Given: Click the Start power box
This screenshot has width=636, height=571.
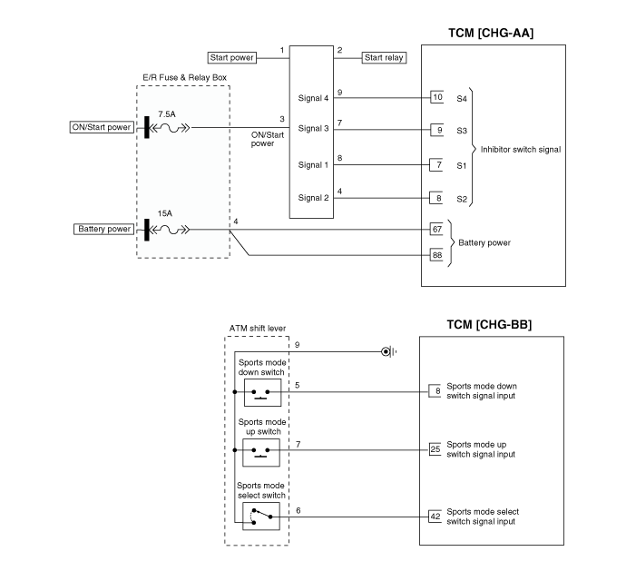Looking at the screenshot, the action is point(231,57).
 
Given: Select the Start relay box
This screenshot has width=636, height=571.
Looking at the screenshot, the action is point(384,57).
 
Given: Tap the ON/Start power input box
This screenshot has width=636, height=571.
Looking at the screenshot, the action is point(102,127).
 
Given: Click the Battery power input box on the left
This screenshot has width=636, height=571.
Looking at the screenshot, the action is point(103,230).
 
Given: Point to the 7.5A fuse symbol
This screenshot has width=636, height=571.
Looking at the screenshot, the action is point(169,128).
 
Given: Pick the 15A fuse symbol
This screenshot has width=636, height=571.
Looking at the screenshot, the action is point(169,230).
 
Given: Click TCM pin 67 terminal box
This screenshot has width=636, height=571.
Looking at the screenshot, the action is point(436,230).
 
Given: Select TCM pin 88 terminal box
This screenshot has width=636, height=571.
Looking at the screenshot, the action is point(436,255).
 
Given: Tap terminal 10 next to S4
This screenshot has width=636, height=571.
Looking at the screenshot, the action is point(436,97).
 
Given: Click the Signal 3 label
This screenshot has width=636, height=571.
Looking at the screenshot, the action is point(313,129).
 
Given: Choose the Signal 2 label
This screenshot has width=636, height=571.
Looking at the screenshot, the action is point(313,198).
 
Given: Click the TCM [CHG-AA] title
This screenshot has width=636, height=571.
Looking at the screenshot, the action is point(491,34).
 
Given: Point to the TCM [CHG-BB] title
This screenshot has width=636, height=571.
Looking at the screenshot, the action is point(489,325).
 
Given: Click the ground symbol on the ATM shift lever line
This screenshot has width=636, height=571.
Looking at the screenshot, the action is point(388,351).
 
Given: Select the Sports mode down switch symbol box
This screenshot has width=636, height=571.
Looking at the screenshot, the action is point(262,393).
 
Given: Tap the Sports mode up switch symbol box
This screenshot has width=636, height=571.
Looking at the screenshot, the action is point(261,452).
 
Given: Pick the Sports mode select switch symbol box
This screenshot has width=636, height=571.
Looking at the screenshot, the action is point(261,517).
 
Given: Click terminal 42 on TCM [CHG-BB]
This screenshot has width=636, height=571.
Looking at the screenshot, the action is point(435,517).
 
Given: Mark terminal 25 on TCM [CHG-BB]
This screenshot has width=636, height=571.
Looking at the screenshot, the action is point(435,449).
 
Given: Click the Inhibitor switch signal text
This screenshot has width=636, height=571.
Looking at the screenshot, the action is point(521,150).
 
